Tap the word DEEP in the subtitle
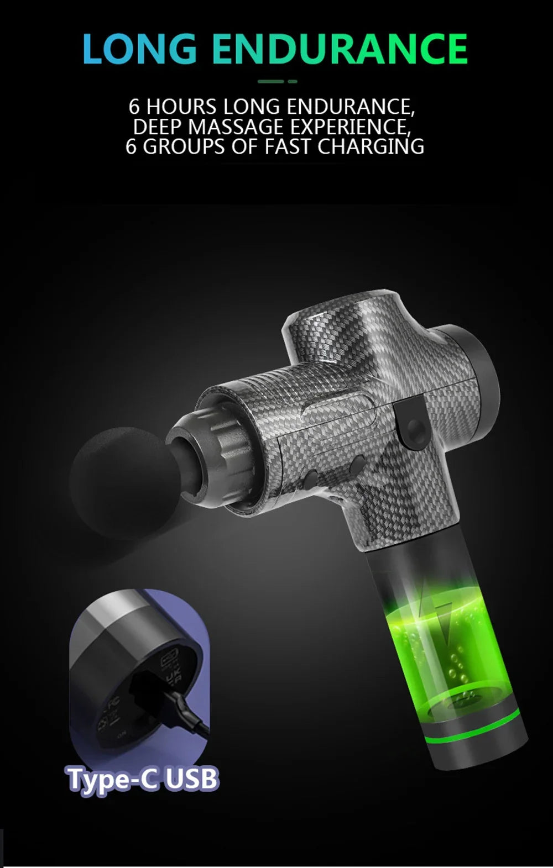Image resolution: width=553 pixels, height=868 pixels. click(x=158, y=127)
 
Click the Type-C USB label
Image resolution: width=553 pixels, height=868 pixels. click(x=143, y=778)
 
